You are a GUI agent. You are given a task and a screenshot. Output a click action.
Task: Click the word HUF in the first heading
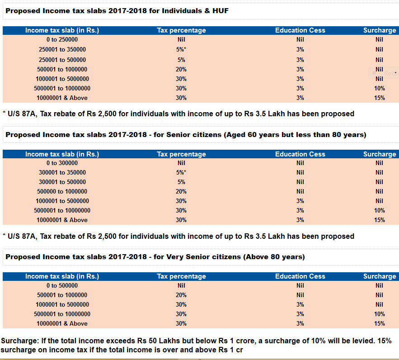(221, 11)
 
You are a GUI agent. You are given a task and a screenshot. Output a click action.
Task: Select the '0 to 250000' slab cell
(62, 39)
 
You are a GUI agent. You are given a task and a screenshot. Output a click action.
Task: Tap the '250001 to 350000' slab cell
(62, 49)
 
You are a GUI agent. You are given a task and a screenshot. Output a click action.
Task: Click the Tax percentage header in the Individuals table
(181, 30)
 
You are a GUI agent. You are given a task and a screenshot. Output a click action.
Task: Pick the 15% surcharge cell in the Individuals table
(379, 98)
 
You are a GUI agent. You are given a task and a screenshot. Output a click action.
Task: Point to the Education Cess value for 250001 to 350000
(300, 49)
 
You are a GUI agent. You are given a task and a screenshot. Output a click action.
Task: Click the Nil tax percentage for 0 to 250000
(181, 39)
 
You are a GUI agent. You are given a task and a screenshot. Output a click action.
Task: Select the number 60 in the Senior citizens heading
(252, 134)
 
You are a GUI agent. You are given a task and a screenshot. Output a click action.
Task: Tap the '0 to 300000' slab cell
(62, 163)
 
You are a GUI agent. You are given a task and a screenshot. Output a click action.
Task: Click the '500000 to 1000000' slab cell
(62, 191)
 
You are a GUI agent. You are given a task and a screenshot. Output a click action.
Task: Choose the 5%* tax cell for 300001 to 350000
(181, 172)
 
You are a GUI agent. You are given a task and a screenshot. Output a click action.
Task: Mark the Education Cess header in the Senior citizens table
(300, 154)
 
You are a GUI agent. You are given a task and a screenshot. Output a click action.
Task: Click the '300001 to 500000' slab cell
(62, 182)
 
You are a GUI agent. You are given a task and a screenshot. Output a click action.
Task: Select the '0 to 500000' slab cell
(62, 286)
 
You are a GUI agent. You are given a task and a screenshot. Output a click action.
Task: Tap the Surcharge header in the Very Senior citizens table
(380, 276)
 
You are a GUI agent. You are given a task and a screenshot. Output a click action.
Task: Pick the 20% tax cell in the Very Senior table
(181, 295)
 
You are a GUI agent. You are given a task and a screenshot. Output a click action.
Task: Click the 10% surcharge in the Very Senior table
(379, 314)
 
